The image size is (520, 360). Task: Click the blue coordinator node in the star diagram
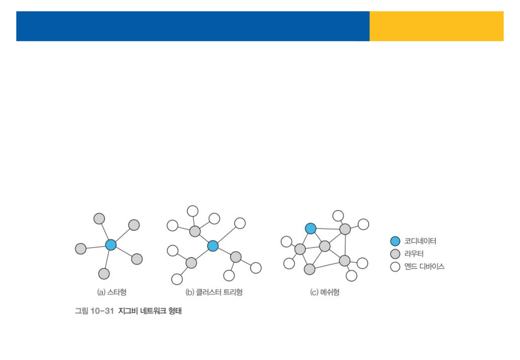(111, 244)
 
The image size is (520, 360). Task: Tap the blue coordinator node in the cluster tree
(213, 245)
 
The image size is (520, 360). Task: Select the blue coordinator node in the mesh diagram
(310, 228)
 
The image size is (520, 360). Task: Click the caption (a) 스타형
(112, 292)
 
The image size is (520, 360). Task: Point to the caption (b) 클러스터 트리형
(214, 292)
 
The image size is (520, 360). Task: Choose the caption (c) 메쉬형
(324, 292)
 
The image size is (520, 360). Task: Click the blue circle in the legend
(395, 241)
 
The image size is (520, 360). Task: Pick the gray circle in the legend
(395, 254)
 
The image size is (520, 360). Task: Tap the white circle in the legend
(395, 267)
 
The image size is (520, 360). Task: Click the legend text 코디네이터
(420, 241)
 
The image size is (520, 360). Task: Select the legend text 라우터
(414, 254)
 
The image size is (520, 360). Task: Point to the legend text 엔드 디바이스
(424, 267)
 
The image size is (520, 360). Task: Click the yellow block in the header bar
(436, 26)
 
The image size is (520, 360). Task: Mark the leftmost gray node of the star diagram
(80, 248)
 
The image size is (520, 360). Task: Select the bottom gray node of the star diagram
(104, 274)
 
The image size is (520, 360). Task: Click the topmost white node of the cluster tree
(193, 211)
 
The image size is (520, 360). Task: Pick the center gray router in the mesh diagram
(325, 246)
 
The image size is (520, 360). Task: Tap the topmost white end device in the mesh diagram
(338, 216)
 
